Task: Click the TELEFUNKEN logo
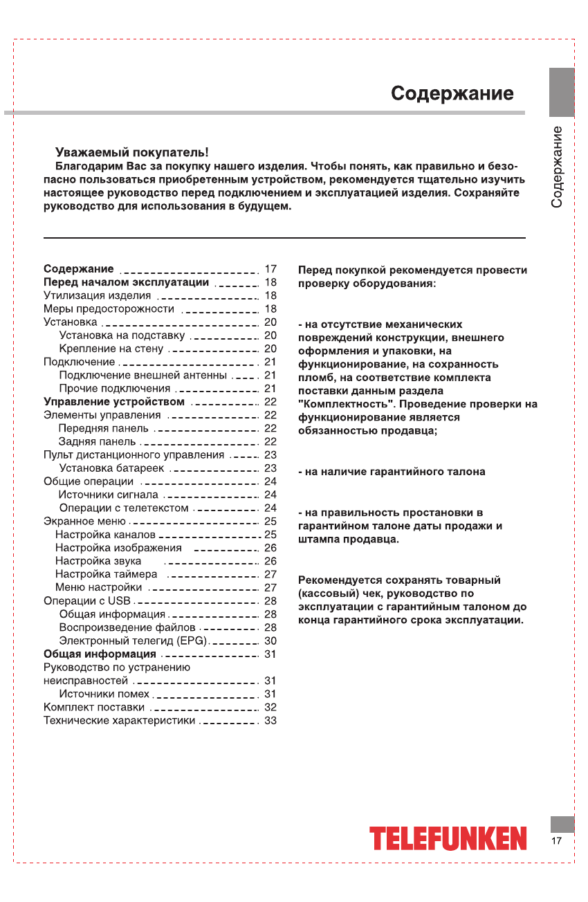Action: (448, 838)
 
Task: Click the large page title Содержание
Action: (452, 93)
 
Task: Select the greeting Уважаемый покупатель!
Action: (131, 152)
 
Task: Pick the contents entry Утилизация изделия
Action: (97, 295)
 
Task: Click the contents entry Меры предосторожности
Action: (109, 309)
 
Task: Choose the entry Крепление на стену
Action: (111, 349)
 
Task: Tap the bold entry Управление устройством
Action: (114, 402)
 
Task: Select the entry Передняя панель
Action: (103, 429)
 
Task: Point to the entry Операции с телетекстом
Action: (124, 508)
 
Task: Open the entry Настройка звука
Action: (98, 561)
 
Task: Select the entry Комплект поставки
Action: (94, 707)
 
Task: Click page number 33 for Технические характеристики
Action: (270, 721)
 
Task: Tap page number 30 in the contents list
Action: (270, 641)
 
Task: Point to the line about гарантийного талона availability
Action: (392, 472)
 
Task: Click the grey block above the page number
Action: (562, 825)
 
